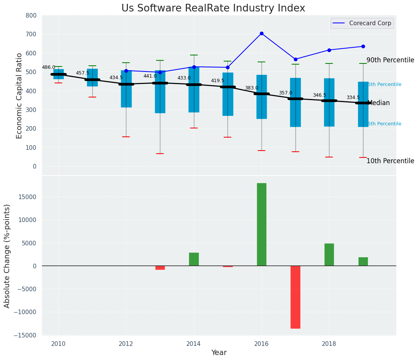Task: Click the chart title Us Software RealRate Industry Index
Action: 213,8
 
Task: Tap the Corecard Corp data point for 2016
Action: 261,34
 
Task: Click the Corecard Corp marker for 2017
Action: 295,59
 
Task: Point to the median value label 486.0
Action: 48,67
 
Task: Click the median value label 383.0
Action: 252,88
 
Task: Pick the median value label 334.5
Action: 353,97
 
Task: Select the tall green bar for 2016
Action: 261,224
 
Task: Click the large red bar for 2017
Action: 295,297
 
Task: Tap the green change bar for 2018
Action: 329,255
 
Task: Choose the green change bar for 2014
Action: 194,259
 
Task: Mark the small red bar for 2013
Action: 160,268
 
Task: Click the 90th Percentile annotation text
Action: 390,60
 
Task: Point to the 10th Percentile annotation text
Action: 390,161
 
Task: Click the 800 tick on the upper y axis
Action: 31,15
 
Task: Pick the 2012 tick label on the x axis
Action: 126,344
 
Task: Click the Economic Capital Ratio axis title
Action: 19,95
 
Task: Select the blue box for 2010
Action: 58,74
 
